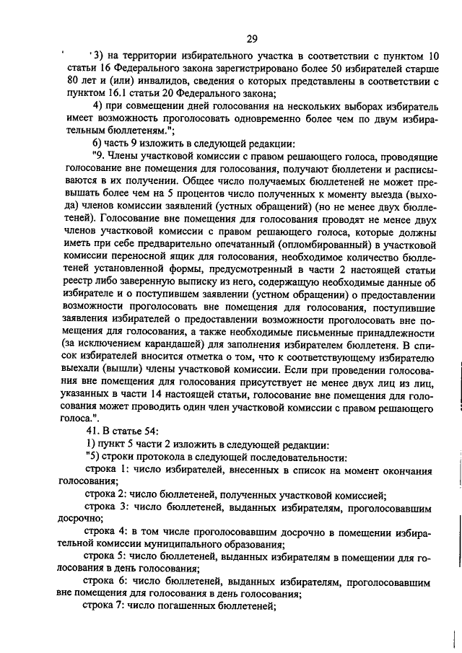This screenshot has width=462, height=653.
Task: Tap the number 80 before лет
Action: coord(70,81)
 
